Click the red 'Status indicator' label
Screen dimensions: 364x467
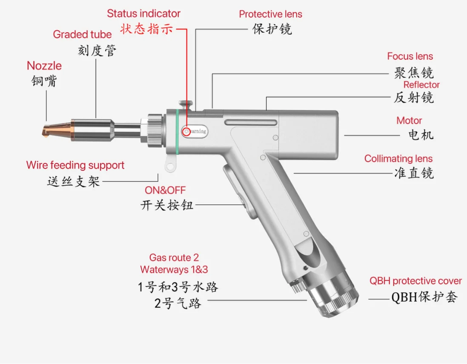[x=143, y=14]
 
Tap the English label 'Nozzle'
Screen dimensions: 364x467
[x=44, y=66]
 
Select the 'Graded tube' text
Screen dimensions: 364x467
[x=82, y=34]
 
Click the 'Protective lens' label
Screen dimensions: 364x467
[x=270, y=14]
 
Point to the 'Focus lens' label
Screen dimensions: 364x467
[x=410, y=56]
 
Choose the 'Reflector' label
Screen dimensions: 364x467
[x=421, y=85]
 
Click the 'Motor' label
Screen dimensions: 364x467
[x=409, y=120]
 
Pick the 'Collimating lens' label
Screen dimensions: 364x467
[x=398, y=159]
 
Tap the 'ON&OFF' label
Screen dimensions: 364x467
[x=165, y=190]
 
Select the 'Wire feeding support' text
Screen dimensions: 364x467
[x=75, y=165]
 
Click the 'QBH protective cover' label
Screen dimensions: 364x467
[x=415, y=281]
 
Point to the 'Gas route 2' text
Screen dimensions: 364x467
[x=174, y=258]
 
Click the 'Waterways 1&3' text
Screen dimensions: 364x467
[x=174, y=269]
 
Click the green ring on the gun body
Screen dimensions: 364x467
[x=177, y=130]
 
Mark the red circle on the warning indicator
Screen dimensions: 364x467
[x=186, y=132]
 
